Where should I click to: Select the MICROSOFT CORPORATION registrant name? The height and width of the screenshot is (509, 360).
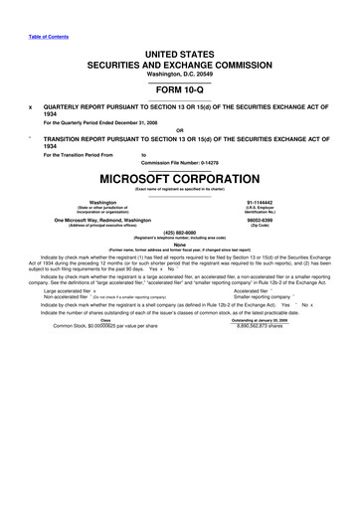point(179,183)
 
